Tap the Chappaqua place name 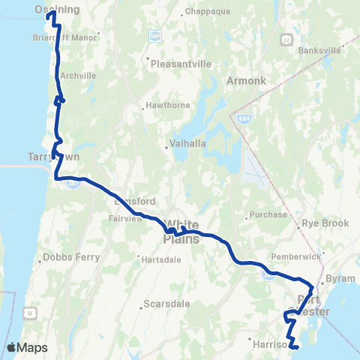pos(205,13)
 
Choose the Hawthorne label pos(166,106)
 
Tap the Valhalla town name pos(184,148)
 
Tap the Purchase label pos(271,214)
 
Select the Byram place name pos(341,277)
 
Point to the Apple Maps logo pos(27,348)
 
